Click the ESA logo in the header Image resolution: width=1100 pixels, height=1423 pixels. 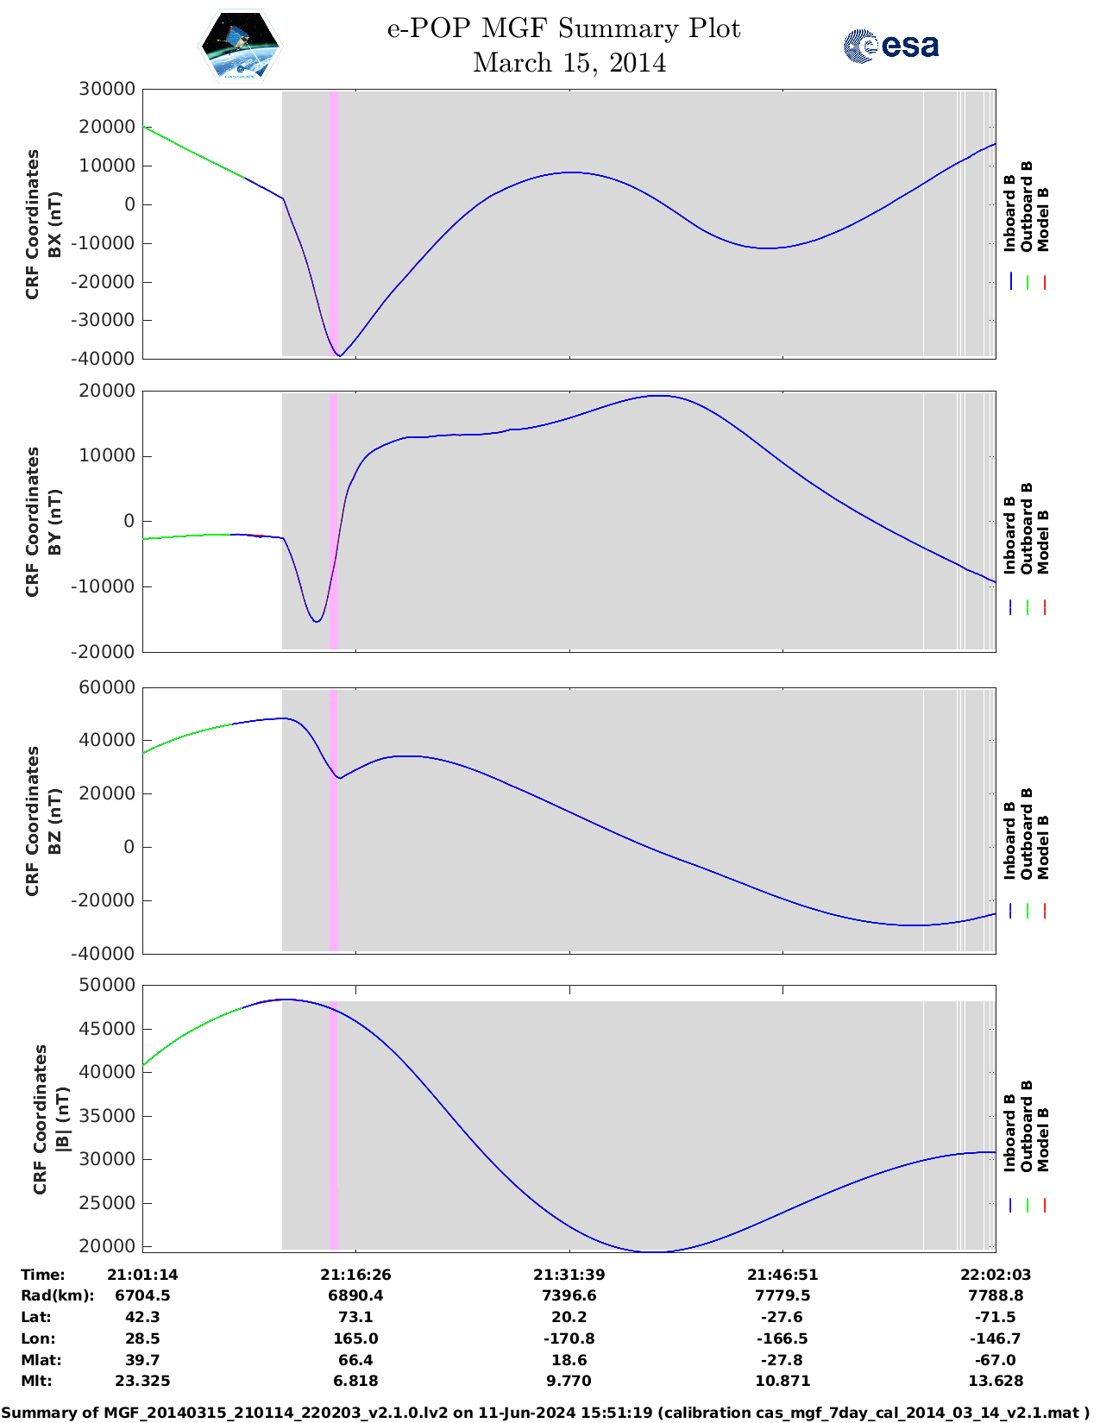(890, 46)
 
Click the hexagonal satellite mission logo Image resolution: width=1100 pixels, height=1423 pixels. (241, 47)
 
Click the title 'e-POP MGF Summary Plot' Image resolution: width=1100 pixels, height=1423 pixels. (563, 28)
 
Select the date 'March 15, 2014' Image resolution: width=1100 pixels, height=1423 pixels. (569, 63)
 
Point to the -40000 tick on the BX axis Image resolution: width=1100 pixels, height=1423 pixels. (106, 359)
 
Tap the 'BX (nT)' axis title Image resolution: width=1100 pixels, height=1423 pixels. (55, 224)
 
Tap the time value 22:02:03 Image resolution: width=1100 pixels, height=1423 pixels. (996, 1275)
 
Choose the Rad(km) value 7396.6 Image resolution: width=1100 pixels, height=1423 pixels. (569, 1295)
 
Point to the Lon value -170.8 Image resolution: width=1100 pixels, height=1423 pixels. (569, 1338)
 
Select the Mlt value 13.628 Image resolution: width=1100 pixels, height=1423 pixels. (996, 1381)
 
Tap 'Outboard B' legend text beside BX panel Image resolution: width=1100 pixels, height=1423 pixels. (1027, 207)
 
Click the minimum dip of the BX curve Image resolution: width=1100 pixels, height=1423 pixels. (340, 355)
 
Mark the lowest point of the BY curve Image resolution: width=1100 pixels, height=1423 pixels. (317, 621)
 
